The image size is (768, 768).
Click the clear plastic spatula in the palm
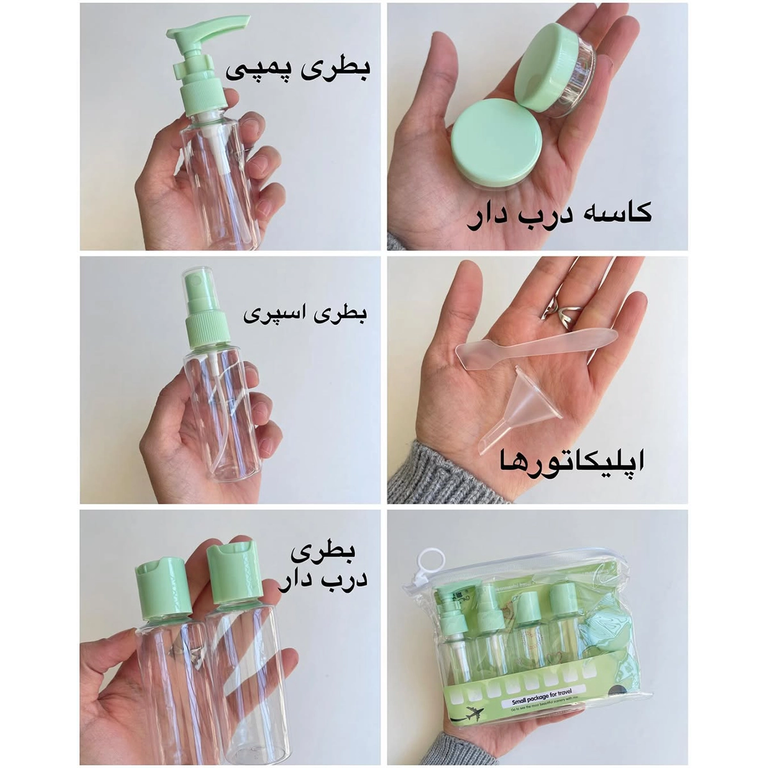click(538, 346)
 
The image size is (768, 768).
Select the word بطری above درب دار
click(323, 552)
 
